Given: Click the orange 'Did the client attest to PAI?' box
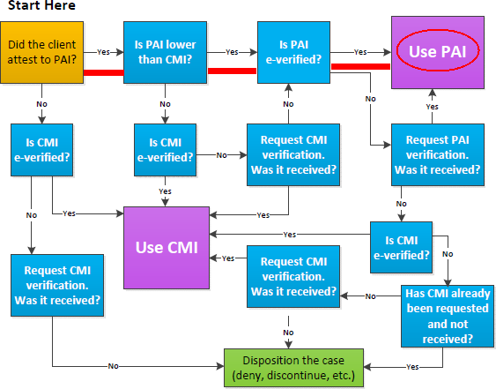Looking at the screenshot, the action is click(x=41, y=53).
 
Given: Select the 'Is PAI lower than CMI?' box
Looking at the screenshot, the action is click(x=165, y=53).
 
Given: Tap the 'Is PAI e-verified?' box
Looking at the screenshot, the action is click(x=293, y=53).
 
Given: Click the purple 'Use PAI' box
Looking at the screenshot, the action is click(x=438, y=53).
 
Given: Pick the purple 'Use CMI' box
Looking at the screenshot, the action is click(x=167, y=248).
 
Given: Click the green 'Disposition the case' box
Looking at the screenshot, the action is click(x=293, y=368).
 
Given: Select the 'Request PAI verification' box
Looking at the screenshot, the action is click(x=438, y=154).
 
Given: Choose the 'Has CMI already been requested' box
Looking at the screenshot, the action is click(x=448, y=316).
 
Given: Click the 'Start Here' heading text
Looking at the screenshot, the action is click(x=41, y=5).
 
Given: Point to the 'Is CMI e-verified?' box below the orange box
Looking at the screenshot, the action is click(x=41, y=150).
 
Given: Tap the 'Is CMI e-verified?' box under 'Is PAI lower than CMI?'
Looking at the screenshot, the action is click(x=165, y=150).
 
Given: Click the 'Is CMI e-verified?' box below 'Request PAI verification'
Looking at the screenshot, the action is click(x=401, y=247).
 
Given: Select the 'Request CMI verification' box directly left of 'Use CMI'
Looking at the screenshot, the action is click(x=57, y=285).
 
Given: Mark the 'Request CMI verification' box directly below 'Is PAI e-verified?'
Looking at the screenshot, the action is click(x=293, y=154).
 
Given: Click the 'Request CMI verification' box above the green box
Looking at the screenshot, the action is click(x=293, y=276).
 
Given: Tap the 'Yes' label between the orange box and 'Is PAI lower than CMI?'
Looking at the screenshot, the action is click(x=103, y=52).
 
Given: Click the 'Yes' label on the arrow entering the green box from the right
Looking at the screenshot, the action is click(x=412, y=367).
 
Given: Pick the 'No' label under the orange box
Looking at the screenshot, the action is click(x=41, y=104).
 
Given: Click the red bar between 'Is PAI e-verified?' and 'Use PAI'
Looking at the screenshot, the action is click(x=360, y=66).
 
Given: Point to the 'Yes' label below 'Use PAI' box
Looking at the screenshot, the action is click(x=432, y=107).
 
